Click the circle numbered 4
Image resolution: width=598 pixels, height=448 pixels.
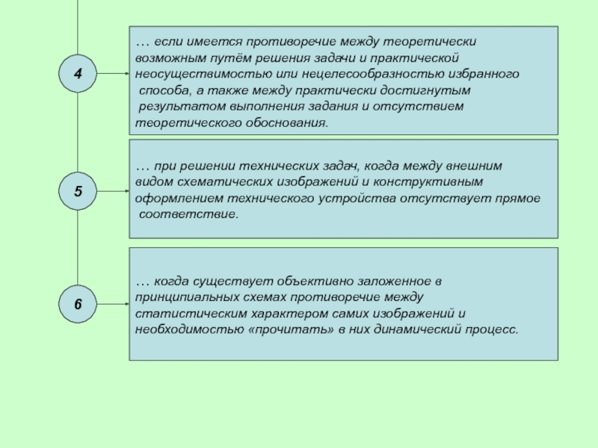(x=78, y=74)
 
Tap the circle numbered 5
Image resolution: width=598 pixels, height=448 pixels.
(x=78, y=192)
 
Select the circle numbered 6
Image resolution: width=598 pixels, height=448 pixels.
(x=78, y=305)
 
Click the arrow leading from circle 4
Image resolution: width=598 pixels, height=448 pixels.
(x=113, y=74)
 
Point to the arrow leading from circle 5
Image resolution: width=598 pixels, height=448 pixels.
(x=113, y=192)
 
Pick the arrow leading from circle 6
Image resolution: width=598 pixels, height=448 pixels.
(x=113, y=305)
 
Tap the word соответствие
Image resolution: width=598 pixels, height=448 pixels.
(x=188, y=214)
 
